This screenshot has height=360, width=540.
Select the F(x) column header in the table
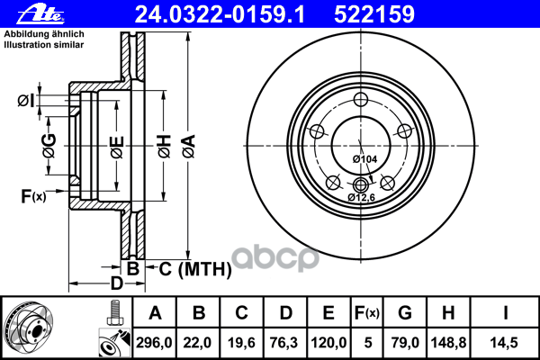pyautogui.click(x=368, y=313)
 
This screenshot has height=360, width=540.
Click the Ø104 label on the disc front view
pyautogui.click(x=364, y=159)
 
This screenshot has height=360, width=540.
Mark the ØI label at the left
pyautogui.click(x=27, y=101)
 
